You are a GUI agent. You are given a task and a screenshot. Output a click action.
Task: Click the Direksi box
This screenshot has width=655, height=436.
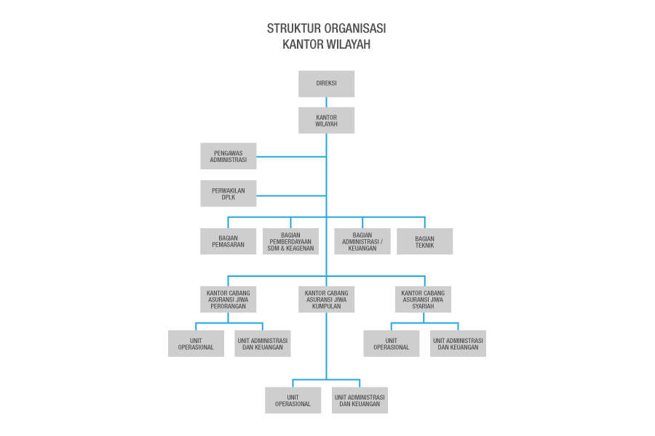326,84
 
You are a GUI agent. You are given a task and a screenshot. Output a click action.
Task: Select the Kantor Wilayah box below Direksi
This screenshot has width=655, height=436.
326,120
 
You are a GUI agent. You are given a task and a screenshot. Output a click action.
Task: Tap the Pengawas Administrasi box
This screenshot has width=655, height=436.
229,156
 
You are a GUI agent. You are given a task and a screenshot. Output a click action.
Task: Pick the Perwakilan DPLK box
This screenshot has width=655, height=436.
229,193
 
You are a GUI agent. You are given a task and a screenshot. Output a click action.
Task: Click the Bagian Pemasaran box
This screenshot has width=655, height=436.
229,241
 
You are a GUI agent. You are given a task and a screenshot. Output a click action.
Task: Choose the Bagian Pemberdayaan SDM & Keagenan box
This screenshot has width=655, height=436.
290,241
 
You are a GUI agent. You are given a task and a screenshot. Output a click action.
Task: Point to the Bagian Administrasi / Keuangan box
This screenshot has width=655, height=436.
362,241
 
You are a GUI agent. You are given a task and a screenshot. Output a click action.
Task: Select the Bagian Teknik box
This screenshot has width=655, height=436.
424,241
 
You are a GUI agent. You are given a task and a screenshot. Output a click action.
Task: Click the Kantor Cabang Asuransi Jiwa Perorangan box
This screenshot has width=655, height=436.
229,299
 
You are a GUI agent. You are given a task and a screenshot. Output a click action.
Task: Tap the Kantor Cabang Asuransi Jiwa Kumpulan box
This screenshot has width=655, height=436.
326,299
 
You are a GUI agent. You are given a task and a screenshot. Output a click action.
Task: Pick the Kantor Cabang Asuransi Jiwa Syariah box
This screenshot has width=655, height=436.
423,299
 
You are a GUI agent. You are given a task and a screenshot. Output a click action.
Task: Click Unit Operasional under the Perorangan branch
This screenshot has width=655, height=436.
196,343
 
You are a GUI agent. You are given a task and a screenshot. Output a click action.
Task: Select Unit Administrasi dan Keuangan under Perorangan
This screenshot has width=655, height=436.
263,343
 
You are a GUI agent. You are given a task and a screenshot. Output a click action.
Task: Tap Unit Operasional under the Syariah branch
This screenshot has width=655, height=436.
392,343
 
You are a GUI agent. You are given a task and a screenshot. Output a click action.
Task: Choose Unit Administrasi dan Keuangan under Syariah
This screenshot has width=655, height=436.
458,343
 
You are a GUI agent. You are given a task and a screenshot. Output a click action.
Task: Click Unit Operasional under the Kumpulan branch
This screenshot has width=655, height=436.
293,400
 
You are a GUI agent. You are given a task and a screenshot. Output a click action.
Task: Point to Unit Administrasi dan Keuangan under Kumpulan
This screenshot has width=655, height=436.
360,400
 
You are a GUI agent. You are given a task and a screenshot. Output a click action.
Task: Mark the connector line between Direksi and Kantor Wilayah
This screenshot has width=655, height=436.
326,102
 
